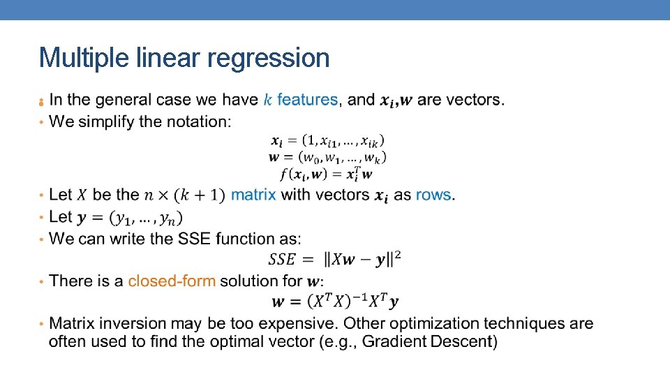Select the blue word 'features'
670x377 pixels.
click(x=308, y=100)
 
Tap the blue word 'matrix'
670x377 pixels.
click(x=253, y=195)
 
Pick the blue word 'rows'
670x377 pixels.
click(x=433, y=195)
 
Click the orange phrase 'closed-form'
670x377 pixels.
click(x=172, y=281)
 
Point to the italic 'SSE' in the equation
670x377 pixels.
click(x=282, y=259)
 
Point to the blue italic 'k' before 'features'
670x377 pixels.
click(x=268, y=100)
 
